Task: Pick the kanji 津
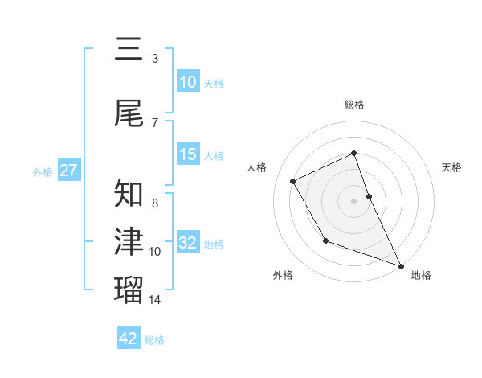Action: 129,241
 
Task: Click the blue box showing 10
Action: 188,82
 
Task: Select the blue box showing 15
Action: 188,155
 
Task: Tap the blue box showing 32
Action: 188,244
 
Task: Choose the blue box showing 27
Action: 68,171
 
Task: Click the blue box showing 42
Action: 129,339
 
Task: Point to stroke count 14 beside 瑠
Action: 155,300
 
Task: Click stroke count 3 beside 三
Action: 154,58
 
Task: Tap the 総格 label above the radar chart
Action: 354,105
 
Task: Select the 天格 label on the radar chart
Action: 452,167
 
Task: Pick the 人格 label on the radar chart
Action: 257,167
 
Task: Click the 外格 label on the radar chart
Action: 283,276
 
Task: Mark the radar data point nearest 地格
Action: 402,266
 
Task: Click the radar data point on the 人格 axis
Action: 293,181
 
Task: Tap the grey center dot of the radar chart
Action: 354,201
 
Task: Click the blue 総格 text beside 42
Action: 154,340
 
